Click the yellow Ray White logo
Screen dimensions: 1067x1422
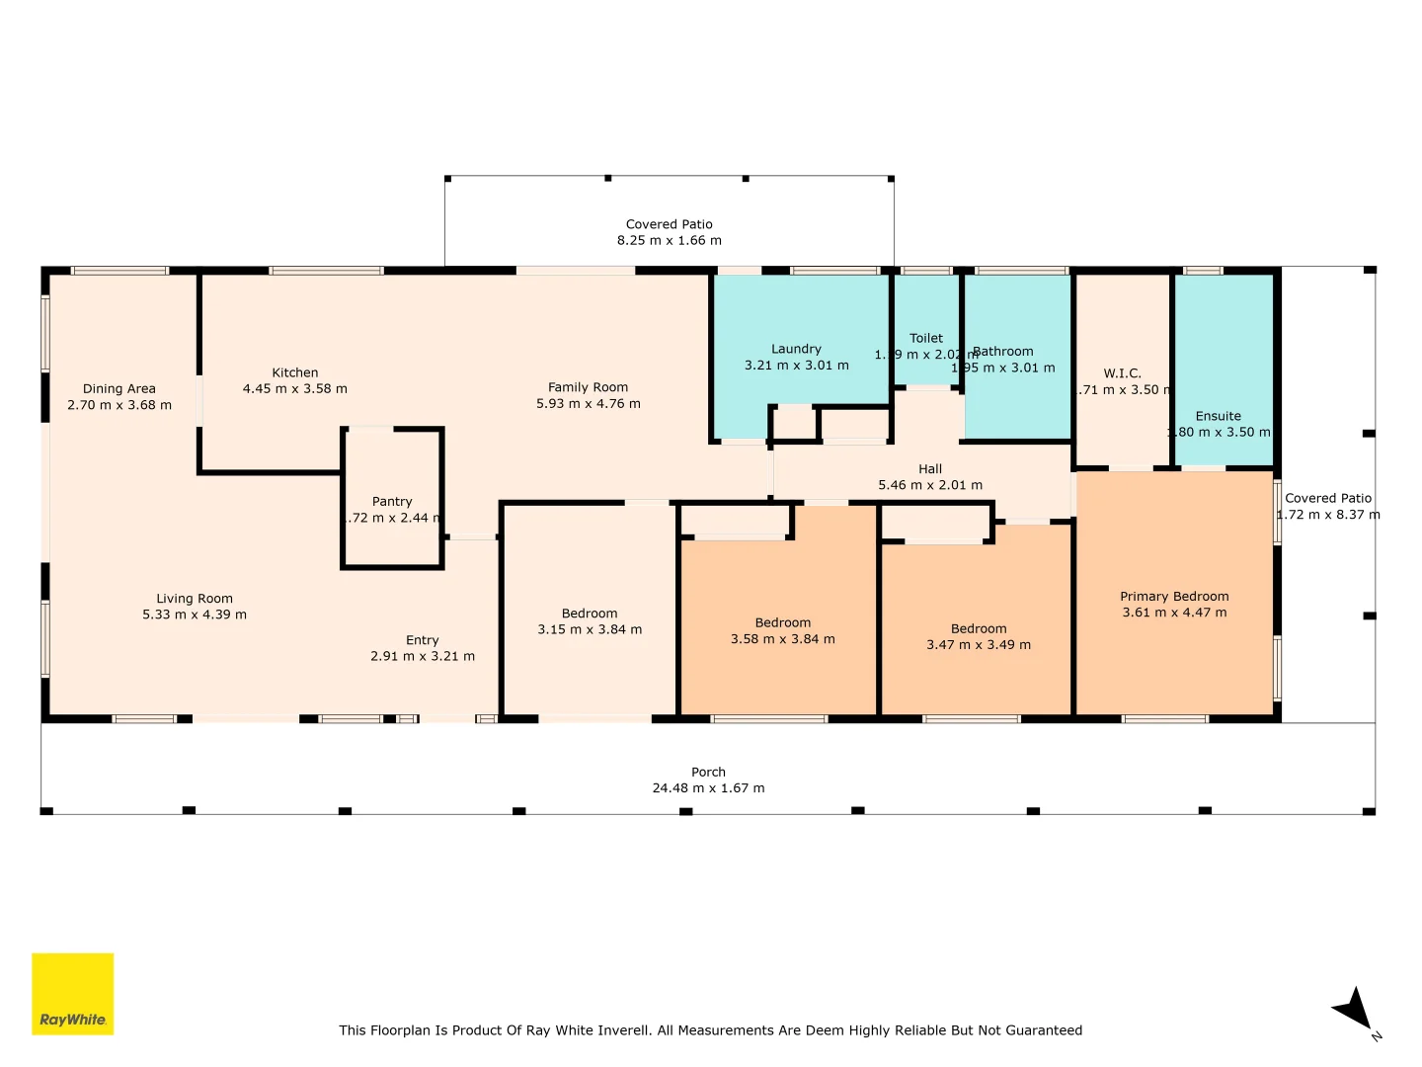pos(72,994)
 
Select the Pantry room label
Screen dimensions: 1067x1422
pos(392,502)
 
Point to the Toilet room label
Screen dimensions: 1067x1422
pos(926,338)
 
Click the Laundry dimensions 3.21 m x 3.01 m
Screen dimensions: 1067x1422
pos(796,366)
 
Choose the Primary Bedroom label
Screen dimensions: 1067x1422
pos(1174,597)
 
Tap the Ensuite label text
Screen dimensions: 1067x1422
pos(1218,416)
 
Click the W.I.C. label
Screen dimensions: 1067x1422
pos(1122,373)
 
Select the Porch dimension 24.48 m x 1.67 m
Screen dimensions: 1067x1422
pos(708,788)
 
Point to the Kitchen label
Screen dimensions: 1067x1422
pos(295,372)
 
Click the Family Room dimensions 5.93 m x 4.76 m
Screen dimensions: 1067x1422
pos(588,404)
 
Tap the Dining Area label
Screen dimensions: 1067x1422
pos(119,389)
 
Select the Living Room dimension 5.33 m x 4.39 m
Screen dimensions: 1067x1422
pos(195,615)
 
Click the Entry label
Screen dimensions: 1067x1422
pos(422,640)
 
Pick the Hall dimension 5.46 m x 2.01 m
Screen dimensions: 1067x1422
pos(930,485)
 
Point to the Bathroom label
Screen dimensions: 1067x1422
pos(1004,352)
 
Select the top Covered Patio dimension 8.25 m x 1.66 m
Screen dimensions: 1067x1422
pos(669,240)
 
